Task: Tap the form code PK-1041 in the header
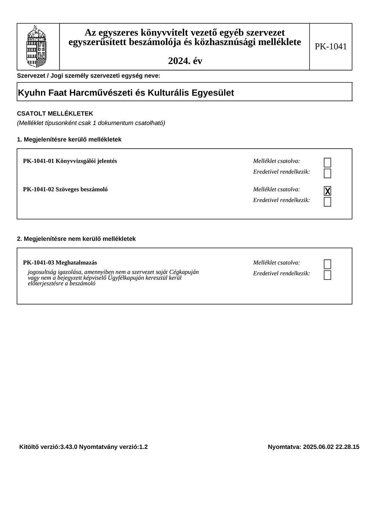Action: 331,46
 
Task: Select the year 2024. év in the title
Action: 185,61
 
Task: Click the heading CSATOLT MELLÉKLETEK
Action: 55,113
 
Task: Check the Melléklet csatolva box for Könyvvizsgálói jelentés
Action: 327,163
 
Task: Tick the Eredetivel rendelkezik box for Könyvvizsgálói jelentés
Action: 327,173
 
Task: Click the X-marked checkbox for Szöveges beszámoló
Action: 327,191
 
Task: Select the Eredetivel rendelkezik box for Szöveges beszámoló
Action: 327,202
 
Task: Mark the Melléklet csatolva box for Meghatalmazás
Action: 327,264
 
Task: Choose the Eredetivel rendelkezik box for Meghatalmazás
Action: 327,275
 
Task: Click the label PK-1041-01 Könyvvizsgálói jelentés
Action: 70,161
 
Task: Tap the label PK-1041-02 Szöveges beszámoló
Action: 65,189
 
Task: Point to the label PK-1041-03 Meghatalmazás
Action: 60,262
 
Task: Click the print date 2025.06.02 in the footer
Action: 318,447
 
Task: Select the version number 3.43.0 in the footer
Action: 69,447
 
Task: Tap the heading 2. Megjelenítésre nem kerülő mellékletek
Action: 76,239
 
